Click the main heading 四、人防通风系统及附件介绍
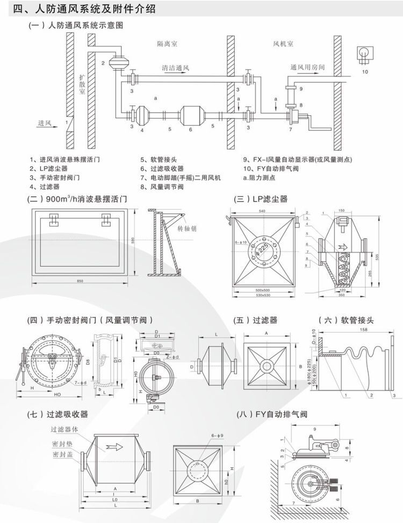[88, 9]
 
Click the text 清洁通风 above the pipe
[175, 69]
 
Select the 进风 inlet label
[44, 124]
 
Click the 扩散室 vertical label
[82, 83]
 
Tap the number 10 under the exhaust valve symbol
[365, 71]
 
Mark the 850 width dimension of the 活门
[80, 281]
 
